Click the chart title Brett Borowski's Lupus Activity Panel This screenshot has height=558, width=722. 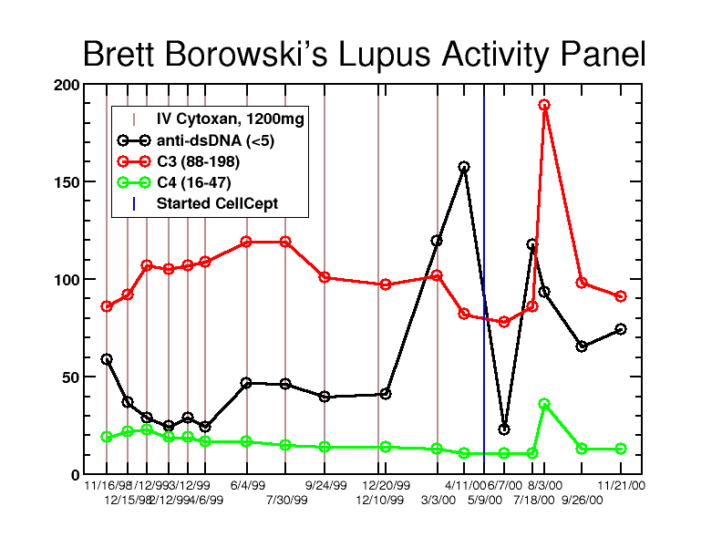tap(364, 55)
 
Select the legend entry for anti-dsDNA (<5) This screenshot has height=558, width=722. tap(215, 140)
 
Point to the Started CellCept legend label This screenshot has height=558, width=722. tap(217, 203)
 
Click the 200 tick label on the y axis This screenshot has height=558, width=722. tap(67, 85)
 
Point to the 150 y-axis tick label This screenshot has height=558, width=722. tap(67, 182)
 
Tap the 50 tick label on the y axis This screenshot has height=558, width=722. tap(70, 377)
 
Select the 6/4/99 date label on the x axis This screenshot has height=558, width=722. tap(247, 486)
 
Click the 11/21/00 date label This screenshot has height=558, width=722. tap(622, 486)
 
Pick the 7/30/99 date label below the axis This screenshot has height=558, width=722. tap(286, 500)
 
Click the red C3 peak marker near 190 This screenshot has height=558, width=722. tap(544, 105)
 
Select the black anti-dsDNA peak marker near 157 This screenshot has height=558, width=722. tap(464, 167)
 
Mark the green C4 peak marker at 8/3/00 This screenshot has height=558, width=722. tap(544, 404)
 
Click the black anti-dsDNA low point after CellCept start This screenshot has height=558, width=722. tap(504, 429)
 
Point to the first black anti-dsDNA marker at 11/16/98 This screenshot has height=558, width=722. tap(107, 359)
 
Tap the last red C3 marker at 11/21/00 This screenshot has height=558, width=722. tap(621, 296)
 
